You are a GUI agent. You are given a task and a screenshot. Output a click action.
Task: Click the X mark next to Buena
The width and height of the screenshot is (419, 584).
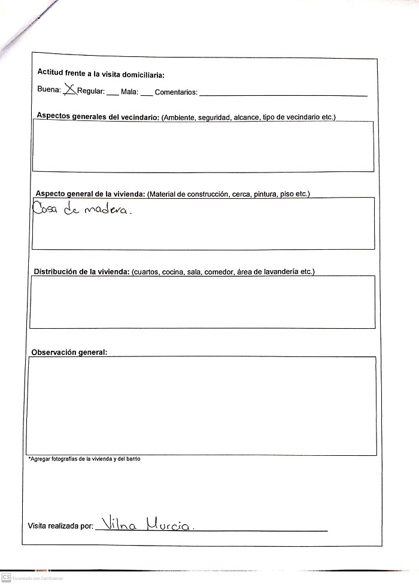click(x=69, y=90)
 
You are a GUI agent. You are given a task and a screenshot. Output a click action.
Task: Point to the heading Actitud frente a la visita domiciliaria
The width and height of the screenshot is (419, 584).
click(x=101, y=74)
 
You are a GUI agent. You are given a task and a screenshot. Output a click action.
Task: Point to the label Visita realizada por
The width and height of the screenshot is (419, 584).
click(x=60, y=526)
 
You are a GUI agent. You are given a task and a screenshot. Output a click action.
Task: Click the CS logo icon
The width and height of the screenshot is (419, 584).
click(x=6, y=576)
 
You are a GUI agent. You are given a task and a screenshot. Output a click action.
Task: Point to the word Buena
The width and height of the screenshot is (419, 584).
click(x=48, y=92)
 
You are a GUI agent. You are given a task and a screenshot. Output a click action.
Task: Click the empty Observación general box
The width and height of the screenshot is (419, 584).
click(x=201, y=404)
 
